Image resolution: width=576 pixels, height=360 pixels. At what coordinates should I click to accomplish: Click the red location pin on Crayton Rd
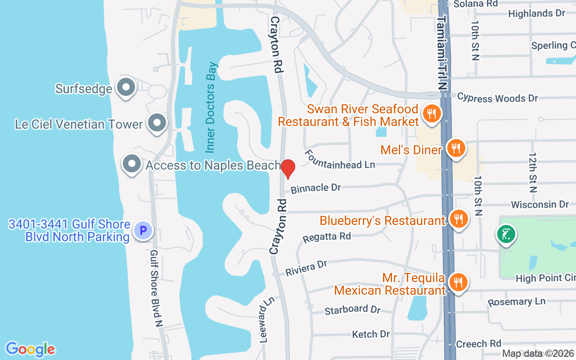click(x=288, y=168)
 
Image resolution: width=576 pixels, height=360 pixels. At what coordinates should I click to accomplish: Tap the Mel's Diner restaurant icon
click(x=456, y=148)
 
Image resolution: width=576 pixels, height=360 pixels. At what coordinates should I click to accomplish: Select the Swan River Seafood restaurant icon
click(x=432, y=113)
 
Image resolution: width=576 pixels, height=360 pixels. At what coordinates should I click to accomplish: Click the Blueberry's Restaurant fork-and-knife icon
click(x=459, y=219)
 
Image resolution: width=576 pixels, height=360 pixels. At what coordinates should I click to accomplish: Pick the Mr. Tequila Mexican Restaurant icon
click(x=458, y=282)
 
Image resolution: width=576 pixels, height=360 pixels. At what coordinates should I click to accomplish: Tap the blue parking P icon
click(x=144, y=231)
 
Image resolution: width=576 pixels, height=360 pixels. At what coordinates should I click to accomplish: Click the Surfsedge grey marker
click(x=126, y=87)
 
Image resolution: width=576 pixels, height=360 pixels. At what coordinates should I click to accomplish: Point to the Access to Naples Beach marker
click(x=131, y=164)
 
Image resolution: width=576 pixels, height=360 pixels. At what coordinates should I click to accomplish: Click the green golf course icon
click(x=506, y=234)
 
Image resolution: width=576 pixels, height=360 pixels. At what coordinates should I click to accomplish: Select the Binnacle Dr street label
click(x=316, y=188)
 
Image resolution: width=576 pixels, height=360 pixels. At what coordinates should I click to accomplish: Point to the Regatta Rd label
click(x=327, y=237)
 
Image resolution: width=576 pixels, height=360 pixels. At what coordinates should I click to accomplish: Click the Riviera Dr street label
click(x=306, y=268)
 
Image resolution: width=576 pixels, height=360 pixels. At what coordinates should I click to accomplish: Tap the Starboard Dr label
click(x=352, y=310)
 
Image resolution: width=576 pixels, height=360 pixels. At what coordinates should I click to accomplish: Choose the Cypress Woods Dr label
click(x=497, y=98)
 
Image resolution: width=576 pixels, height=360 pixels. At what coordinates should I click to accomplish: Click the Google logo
click(x=31, y=349)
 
